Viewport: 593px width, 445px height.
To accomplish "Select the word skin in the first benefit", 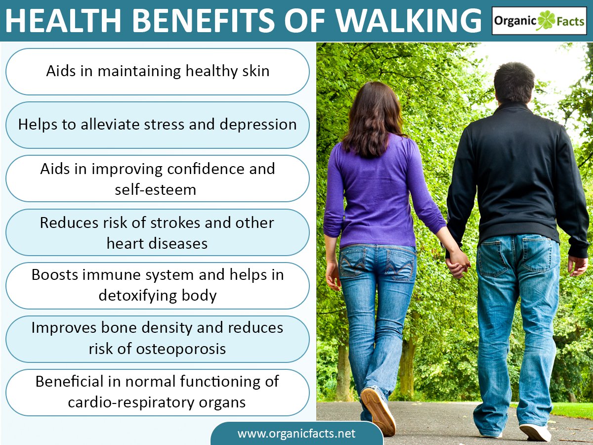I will [x=256, y=71].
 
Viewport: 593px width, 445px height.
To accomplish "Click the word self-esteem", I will [x=156, y=189].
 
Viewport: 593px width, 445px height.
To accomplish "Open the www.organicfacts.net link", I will [x=296, y=434].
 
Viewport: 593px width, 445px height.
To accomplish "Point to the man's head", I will [x=514, y=82].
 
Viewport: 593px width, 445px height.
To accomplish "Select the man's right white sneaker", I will [x=535, y=432].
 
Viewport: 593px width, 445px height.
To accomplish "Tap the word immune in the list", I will [x=117, y=275].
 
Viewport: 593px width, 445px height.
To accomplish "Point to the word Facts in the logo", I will [x=571, y=21].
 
